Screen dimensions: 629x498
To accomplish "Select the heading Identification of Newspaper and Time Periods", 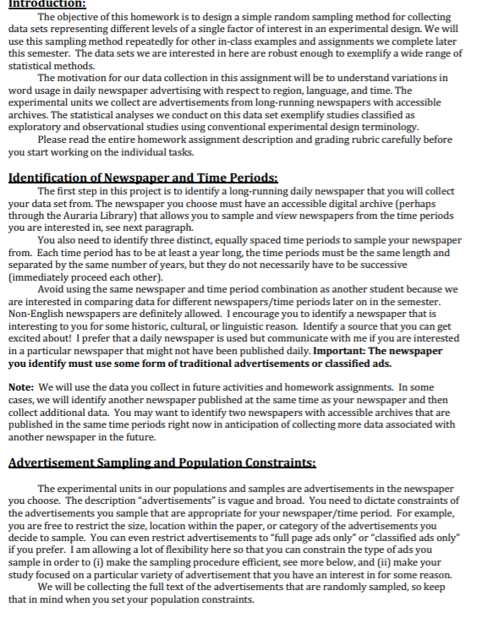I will (143, 178).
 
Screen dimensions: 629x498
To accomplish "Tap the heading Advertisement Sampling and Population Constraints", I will (161, 462).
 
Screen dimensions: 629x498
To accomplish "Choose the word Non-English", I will (40, 313).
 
